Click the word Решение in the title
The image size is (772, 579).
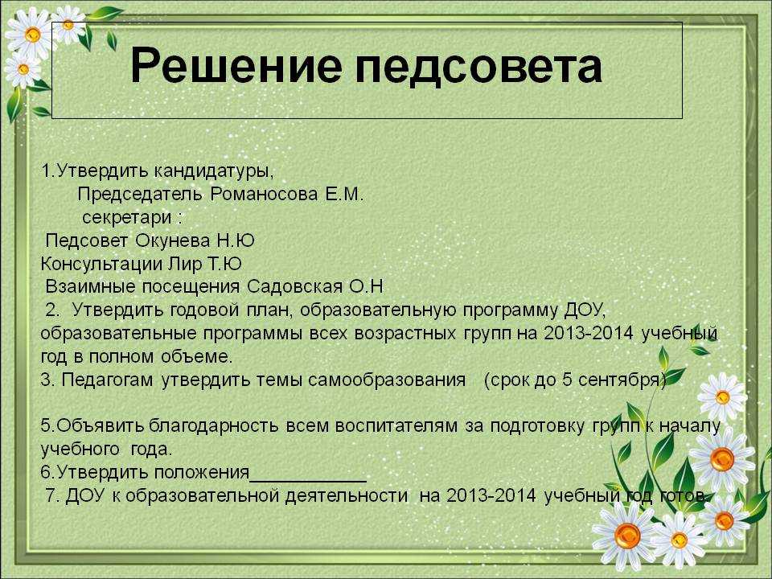click(236, 65)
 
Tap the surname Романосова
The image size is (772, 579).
click(264, 194)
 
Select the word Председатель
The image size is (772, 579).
click(140, 195)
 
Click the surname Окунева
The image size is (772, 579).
click(172, 240)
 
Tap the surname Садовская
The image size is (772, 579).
click(294, 286)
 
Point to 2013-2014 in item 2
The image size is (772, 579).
click(588, 333)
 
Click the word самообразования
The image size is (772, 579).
click(387, 380)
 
